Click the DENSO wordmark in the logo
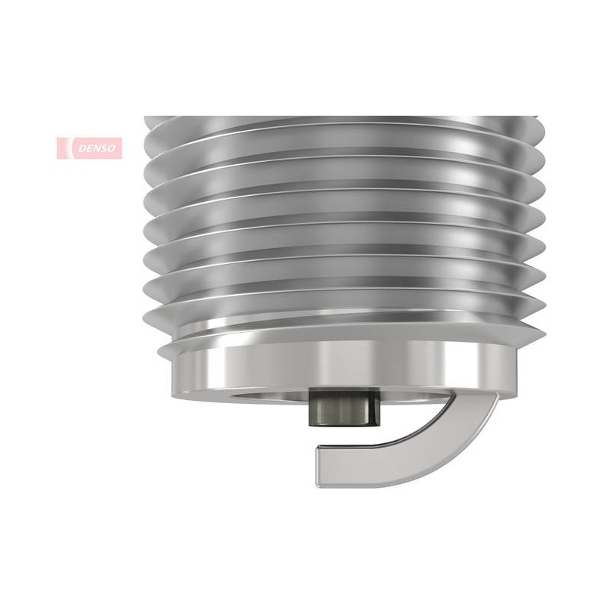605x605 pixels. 97,148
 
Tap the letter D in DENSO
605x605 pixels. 82,148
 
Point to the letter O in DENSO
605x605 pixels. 111,148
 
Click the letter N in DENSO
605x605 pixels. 97,148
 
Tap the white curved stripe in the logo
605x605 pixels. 70,148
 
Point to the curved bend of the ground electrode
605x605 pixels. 455,444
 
